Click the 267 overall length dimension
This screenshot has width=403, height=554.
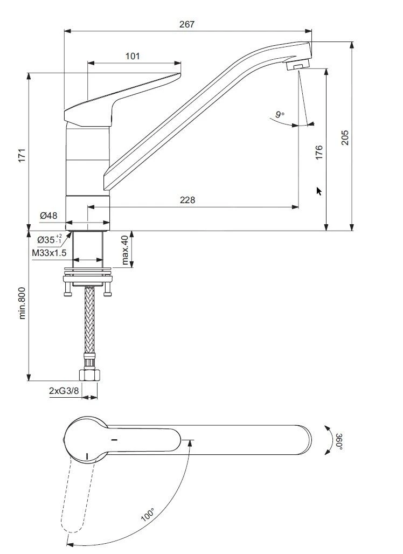click(x=187, y=24)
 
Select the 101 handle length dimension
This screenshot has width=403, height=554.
click(x=133, y=56)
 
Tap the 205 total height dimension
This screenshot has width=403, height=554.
click(x=345, y=137)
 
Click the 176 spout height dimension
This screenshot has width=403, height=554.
click(x=319, y=152)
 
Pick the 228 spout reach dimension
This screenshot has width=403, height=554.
click(x=187, y=200)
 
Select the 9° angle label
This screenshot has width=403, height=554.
click(x=279, y=114)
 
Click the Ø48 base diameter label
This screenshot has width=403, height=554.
click(x=48, y=216)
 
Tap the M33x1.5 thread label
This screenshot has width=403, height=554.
click(x=49, y=253)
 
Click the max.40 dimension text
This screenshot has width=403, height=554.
click(x=125, y=250)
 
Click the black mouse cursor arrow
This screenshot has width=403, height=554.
click(x=319, y=191)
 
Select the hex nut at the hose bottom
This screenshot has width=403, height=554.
click(x=88, y=375)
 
